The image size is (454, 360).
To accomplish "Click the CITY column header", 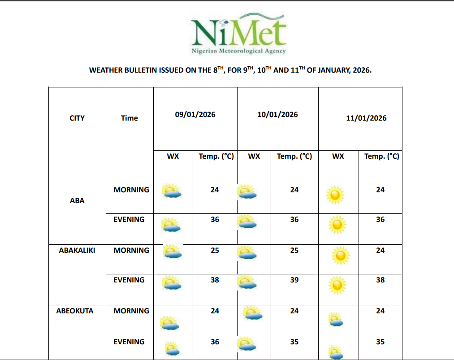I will tap(77, 118).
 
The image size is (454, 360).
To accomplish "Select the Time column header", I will tap(129, 118).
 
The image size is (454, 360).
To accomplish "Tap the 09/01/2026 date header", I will tap(195, 115).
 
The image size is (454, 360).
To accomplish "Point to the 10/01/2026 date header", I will tap(277, 115).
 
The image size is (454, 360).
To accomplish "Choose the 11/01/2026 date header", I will tap(366, 118).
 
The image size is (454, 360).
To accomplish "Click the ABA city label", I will tap(77, 201).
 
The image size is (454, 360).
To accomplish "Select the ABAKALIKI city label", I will tap(77, 251).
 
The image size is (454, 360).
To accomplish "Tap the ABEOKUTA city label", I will tap(75, 311).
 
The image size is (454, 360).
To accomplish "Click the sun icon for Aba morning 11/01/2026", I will tap(335, 195).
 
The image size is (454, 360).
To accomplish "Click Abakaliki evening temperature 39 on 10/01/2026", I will tap(294, 280).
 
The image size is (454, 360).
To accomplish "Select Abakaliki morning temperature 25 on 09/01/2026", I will tap(215, 251).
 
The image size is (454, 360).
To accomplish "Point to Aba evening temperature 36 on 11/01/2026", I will tap(380, 220).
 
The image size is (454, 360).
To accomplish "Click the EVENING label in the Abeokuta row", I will tap(129, 342).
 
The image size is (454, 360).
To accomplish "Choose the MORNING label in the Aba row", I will tap(131, 190).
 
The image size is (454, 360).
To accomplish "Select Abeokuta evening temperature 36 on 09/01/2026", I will tap(215, 342).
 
